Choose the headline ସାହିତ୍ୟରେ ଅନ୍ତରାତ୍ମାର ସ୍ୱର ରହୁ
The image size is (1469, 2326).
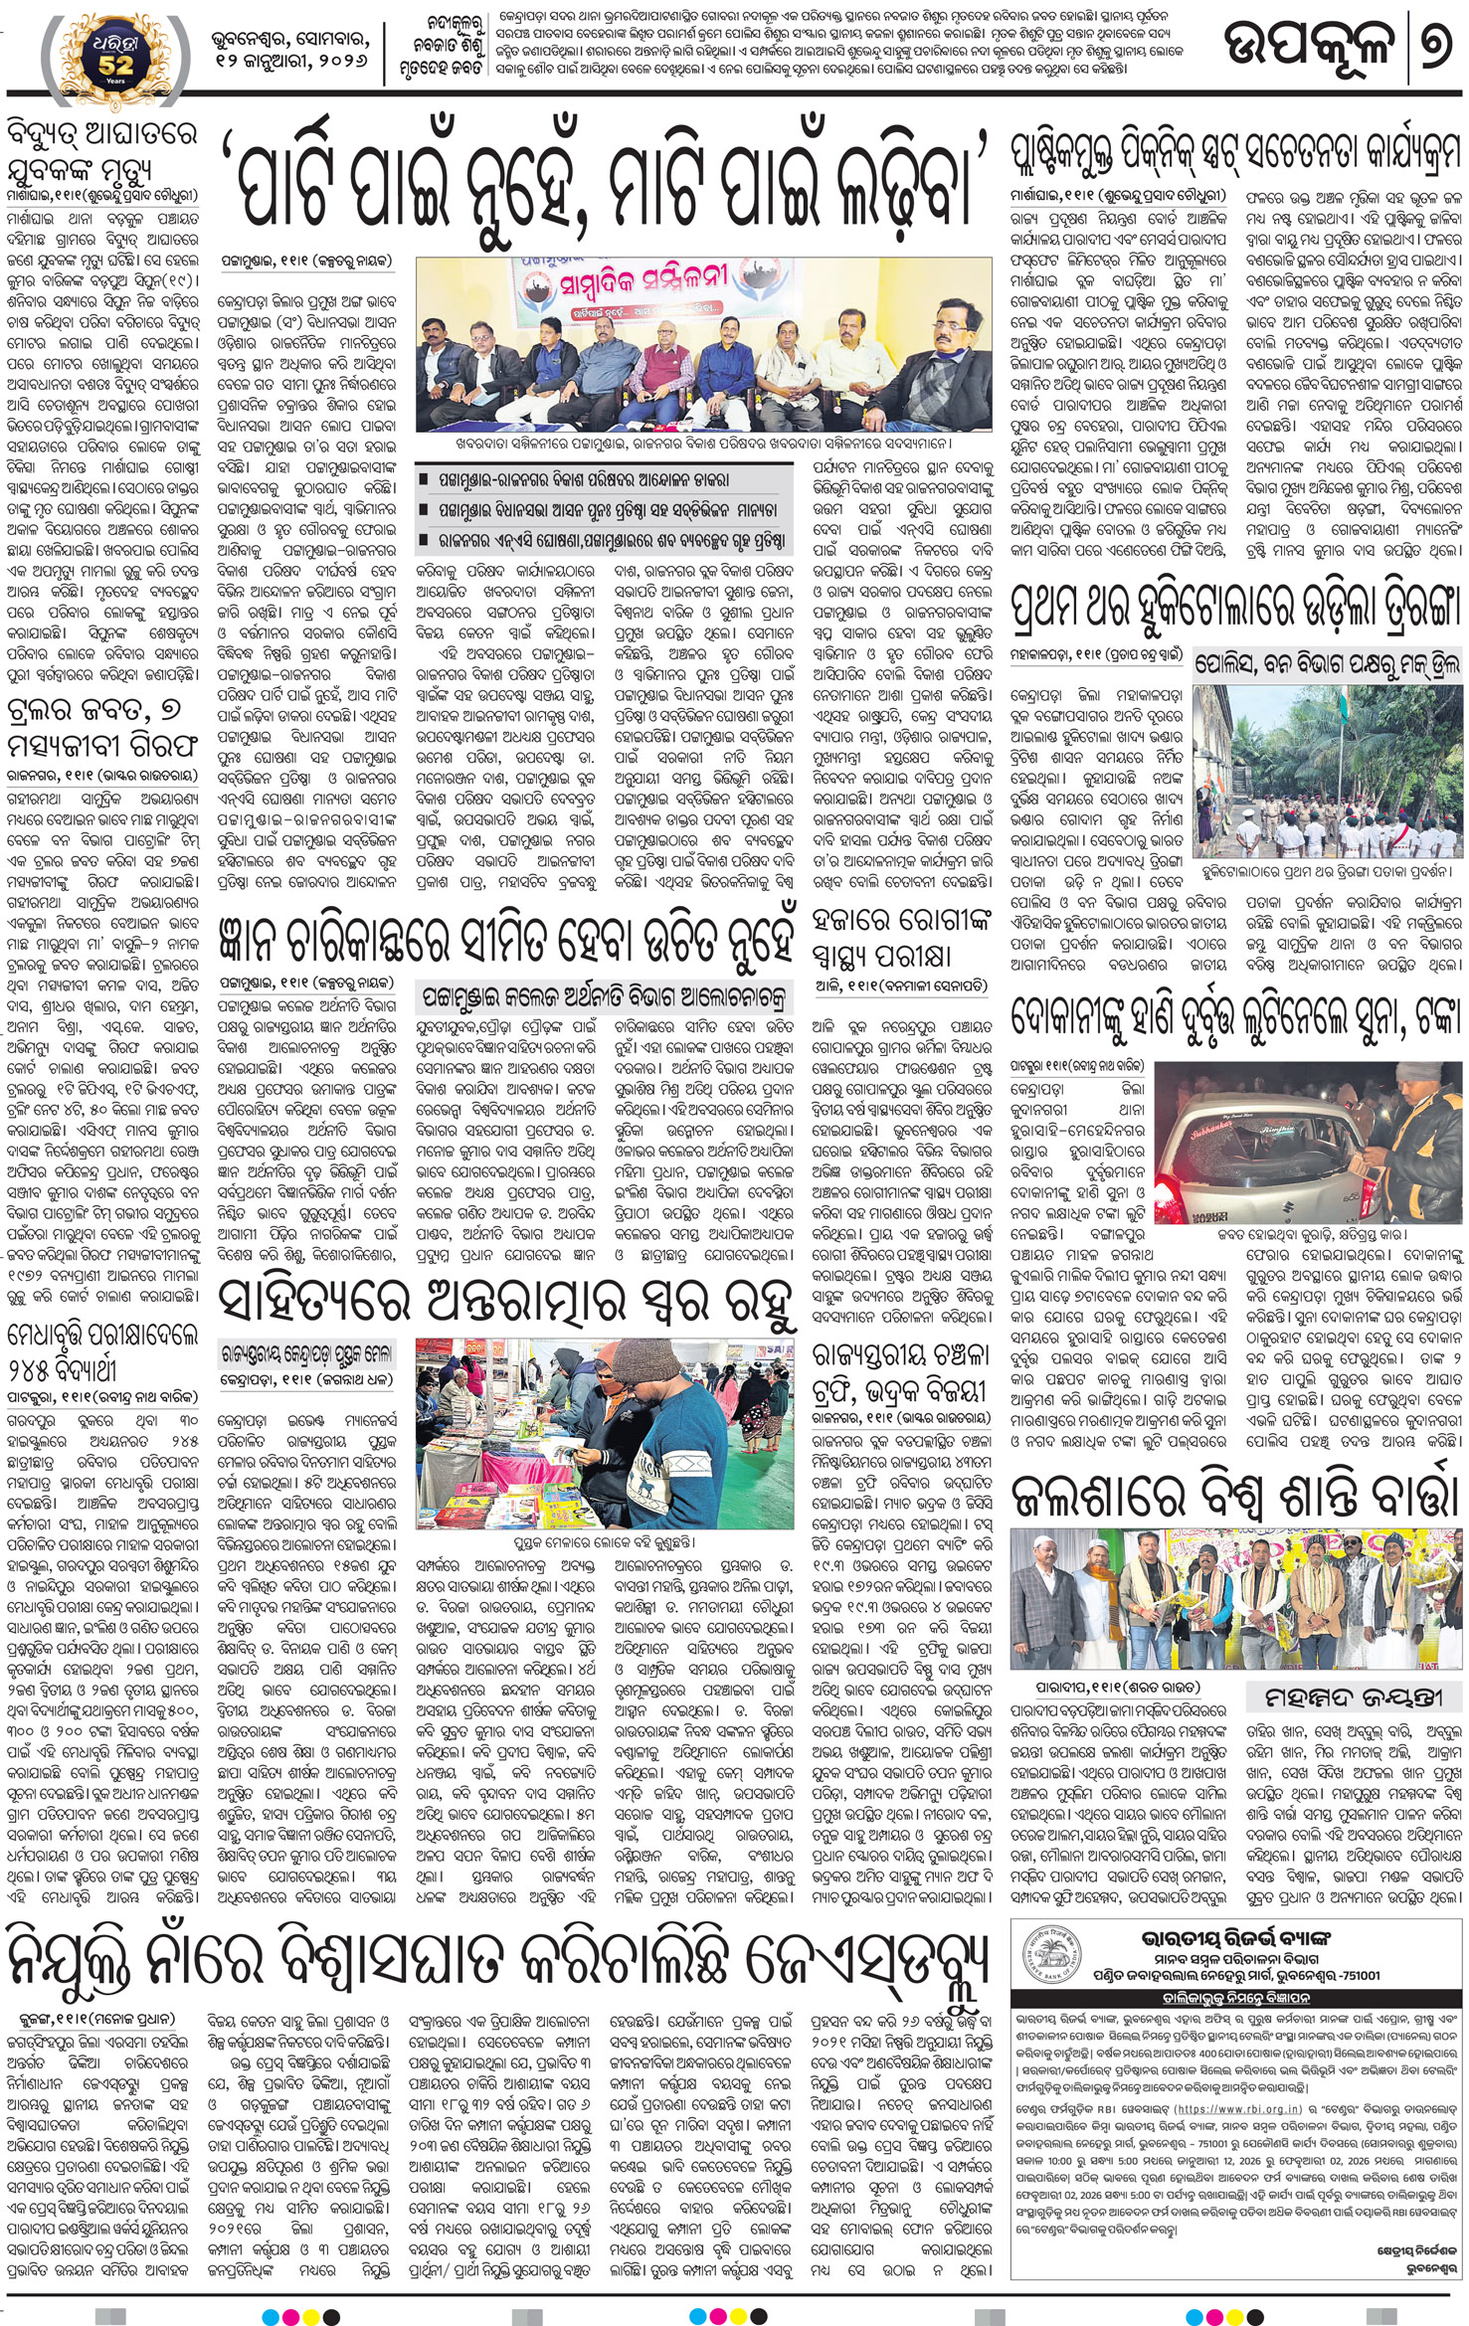(507, 1304)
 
